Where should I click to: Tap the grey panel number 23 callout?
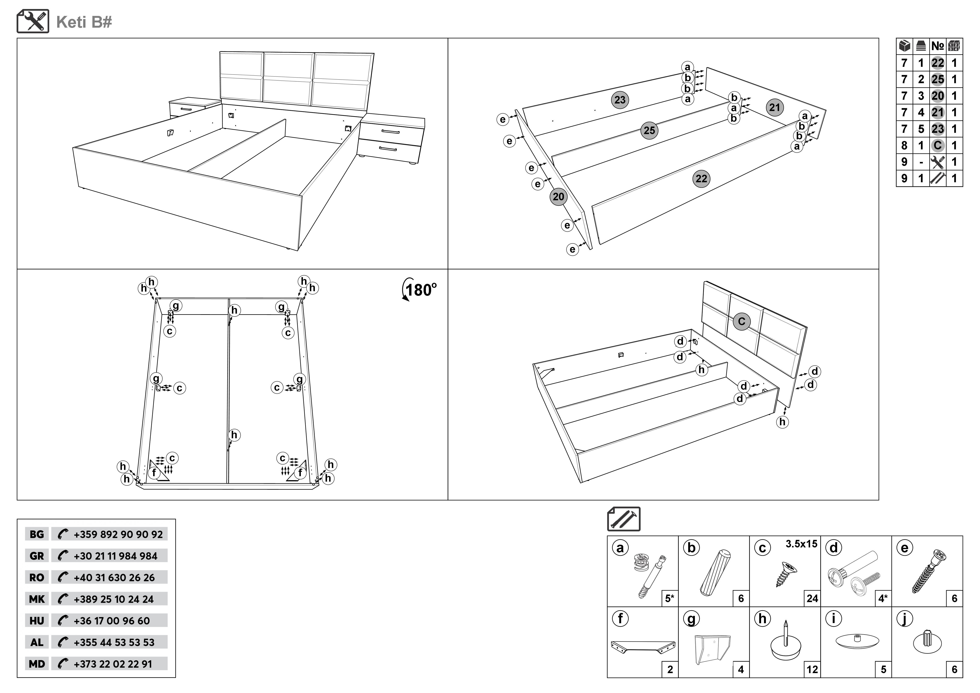(620, 100)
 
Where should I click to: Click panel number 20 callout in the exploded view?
(558, 197)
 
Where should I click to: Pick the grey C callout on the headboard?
(741, 321)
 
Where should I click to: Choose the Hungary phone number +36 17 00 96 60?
(112, 621)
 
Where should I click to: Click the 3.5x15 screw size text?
(801, 544)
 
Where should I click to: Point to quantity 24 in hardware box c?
(812, 599)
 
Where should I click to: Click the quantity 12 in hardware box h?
(812, 670)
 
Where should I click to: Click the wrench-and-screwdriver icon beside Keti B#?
(33, 21)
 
